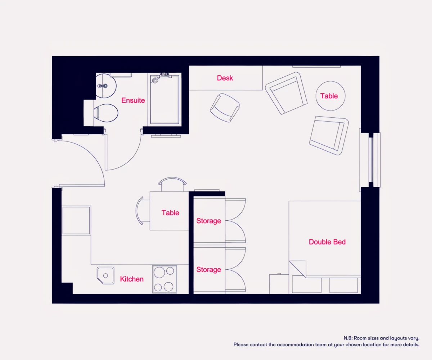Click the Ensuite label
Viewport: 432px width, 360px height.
coord(133,100)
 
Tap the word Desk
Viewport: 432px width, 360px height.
coord(225,78)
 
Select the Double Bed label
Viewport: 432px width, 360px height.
coord(327,242)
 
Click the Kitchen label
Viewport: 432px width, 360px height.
coord(132,279)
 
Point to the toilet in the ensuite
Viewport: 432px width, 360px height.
coord(105,113)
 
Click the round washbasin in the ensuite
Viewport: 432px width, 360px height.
coord(106,85)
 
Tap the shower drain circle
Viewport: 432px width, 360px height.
coord(155,80)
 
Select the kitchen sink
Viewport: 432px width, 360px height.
coord(105,276)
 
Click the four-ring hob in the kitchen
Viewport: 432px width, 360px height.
coord(165,279)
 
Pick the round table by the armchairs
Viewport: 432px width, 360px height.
coord(330,96)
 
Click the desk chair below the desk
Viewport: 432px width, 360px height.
coord(225,108)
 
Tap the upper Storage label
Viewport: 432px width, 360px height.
coord(208,221)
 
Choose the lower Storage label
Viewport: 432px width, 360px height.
coord(208,270)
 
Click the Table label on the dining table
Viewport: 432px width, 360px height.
coord(170,213)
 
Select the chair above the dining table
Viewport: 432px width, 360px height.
coord(172,184)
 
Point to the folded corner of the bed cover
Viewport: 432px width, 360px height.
coord(297,269)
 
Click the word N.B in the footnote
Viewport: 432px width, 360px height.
coord(348,338)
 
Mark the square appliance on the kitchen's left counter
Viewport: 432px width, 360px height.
coord(76,220)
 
